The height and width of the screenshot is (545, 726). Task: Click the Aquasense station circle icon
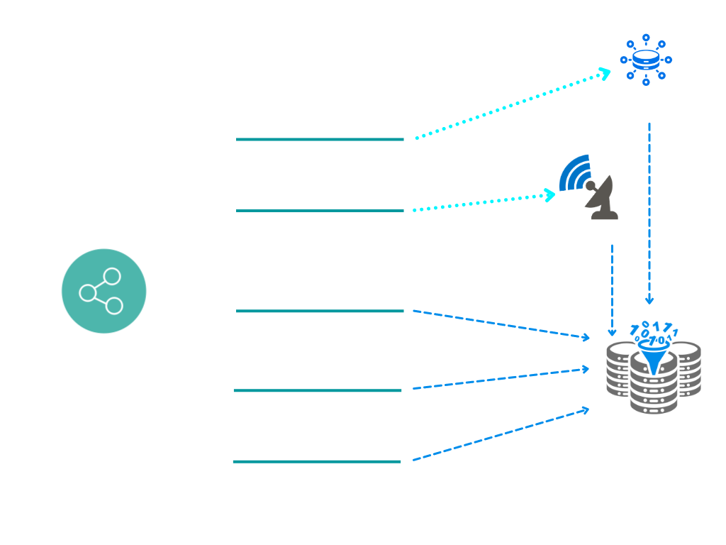(104, 291)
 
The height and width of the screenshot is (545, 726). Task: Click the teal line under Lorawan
(319, 139)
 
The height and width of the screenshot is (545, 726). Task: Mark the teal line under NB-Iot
(317, 461)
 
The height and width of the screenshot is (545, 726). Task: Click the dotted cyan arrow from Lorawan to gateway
(510, 105)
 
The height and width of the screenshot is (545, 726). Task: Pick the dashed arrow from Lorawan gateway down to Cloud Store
(649, 213)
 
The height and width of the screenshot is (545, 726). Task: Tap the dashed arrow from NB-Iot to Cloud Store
(500, 434)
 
